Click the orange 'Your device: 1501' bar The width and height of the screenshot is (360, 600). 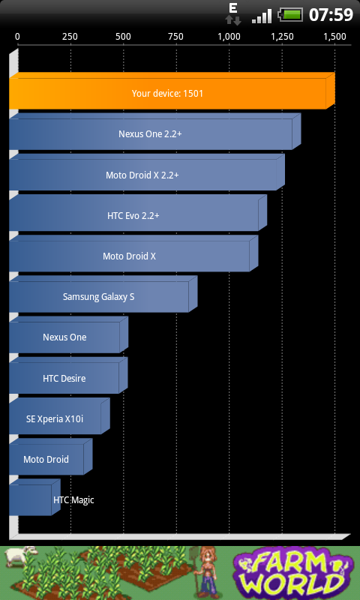pos(172,91)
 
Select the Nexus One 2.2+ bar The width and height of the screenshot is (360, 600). pos(155,131)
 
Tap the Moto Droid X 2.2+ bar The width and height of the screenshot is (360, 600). pos(147,172)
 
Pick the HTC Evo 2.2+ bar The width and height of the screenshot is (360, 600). pos(138,213)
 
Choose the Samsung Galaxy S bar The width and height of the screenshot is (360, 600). pos(103,294)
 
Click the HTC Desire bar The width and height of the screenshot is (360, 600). pos(68,376)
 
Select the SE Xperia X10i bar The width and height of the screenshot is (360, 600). pos(60,416)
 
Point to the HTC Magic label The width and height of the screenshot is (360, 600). pos(73,499)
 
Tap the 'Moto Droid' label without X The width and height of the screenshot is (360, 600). pos(46,459)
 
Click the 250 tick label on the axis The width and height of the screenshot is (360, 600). pos(70,37)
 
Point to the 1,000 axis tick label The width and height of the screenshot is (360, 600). pos(229,37)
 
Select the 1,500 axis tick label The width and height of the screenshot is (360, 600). pos(334,37)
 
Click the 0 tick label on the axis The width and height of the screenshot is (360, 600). pos(17,37)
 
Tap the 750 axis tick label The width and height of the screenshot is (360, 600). pos(175,37)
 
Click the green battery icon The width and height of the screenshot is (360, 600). pos(291,15)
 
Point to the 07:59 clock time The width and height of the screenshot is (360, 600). pos(331,15)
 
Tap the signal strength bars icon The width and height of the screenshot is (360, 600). pos(262,16)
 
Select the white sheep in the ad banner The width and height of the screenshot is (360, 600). pos(21,556)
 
